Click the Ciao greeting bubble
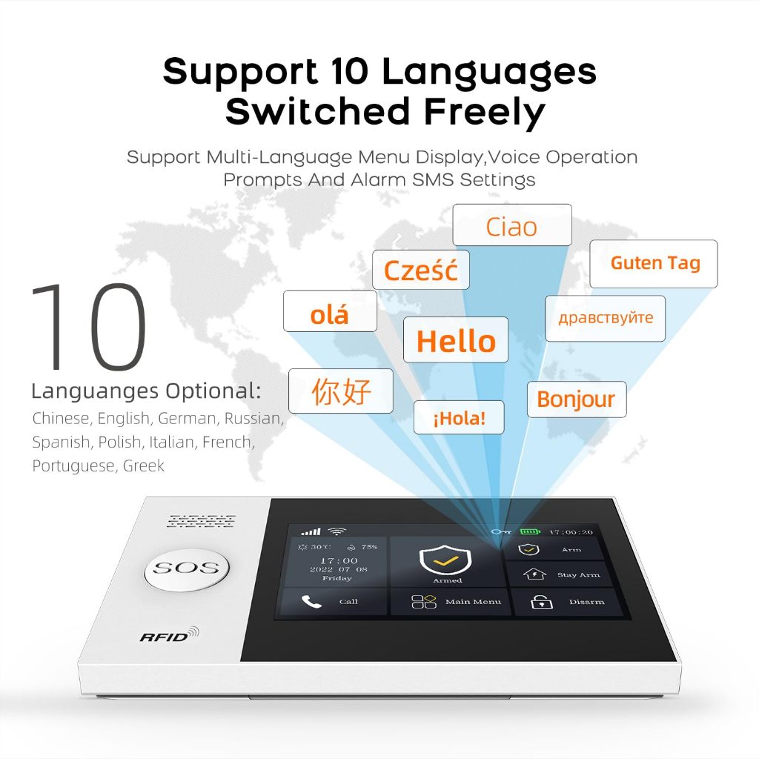point(512,225)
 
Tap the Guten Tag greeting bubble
point(654,264)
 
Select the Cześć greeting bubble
point(421,270)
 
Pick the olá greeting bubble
point(330,311)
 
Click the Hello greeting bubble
point(456,339)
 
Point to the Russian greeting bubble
point(605,319)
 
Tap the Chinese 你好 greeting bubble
point(341,391)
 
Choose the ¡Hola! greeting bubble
point(459,417)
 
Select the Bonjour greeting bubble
point(577,400)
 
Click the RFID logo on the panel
point(170,634)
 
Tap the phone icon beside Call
point(311,601)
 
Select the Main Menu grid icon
point(423,601)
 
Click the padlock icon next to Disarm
point(542,602)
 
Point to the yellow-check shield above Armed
point(445,560)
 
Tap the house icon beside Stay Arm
point(534,574)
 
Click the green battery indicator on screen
point(530,531)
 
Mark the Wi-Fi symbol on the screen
point(337,531)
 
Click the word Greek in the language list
point(143,465)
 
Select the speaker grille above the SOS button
point(202,521)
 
